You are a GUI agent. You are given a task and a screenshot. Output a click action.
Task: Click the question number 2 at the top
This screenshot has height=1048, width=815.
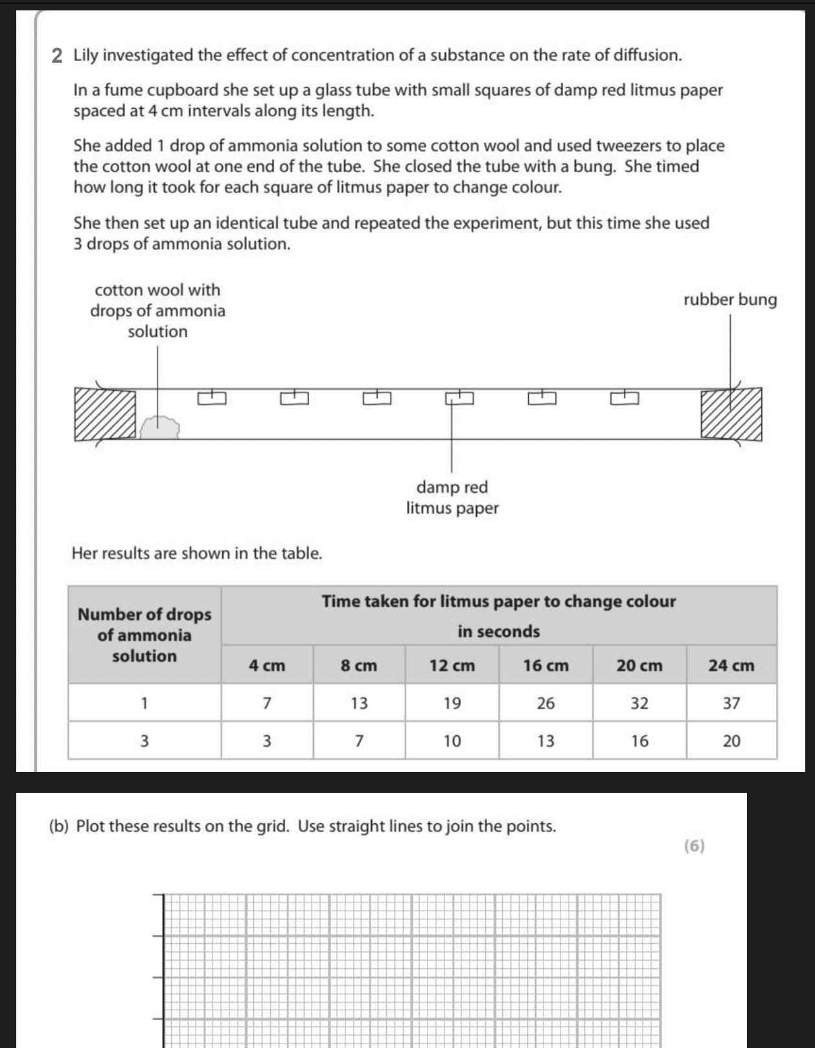click(x=58, y=56)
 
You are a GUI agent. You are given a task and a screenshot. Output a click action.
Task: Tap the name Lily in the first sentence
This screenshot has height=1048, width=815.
click(x=86, y=56)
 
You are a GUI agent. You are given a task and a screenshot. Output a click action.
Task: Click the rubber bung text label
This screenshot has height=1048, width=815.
click(x=730, y=300)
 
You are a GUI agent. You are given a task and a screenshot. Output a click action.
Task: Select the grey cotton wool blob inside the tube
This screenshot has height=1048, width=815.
click(x=160, y=427)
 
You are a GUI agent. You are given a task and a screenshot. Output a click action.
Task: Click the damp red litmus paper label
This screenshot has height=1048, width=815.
click(x=452, y=497)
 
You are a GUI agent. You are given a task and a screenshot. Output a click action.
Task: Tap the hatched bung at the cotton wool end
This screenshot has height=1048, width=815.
click(x=105, y=415)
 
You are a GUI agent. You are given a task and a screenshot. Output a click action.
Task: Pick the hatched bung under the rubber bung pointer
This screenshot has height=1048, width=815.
click(x=731, y=415)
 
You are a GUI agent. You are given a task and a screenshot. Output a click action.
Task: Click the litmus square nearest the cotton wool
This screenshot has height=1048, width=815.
click(x=212, y=398)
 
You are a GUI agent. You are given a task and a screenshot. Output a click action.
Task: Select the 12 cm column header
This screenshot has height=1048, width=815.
click(x=452, y=665)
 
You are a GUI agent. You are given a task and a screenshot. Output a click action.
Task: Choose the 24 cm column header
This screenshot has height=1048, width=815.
click(x=731, y=665)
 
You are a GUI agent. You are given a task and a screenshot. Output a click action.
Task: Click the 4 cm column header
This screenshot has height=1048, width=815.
click(x=267, y=665)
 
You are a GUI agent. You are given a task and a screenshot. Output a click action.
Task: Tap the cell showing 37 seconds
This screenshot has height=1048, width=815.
click(x=731, y=703)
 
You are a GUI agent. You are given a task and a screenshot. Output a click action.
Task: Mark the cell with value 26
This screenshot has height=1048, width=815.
click(x=545, y=703)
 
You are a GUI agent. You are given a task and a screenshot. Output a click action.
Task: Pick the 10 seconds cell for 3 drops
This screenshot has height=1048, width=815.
click(x=452, y=741)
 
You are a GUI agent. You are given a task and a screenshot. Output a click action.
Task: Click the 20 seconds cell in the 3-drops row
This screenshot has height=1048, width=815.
click(x=731, y=741)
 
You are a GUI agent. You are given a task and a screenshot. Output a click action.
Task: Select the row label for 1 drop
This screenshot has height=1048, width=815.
click(x=144, y=703)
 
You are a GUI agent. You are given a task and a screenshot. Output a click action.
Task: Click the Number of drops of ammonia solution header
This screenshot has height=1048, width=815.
click(x=144, y=635)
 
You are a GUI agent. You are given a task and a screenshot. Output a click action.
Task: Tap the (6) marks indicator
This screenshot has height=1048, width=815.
click(x=694, y=846)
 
